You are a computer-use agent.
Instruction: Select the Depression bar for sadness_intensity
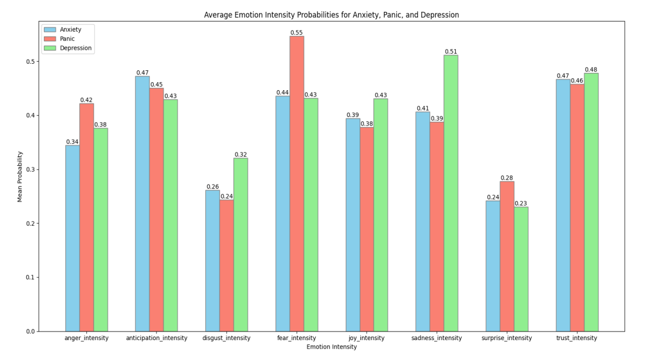451,193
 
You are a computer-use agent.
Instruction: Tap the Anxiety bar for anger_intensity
72,238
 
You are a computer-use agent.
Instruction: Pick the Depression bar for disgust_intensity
241,245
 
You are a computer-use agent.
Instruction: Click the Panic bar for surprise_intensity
507,256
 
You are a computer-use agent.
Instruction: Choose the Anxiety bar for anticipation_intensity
142,204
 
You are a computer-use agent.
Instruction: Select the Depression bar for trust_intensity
591,202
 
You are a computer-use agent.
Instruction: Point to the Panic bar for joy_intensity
367,229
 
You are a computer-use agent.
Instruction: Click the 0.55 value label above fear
296,33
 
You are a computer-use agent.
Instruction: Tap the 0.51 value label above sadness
451,52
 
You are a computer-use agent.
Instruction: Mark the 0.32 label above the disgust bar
241,155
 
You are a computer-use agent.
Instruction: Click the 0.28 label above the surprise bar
507,178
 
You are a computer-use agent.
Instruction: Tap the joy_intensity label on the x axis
367,339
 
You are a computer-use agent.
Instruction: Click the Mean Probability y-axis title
20,176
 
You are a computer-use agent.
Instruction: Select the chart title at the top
331,15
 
